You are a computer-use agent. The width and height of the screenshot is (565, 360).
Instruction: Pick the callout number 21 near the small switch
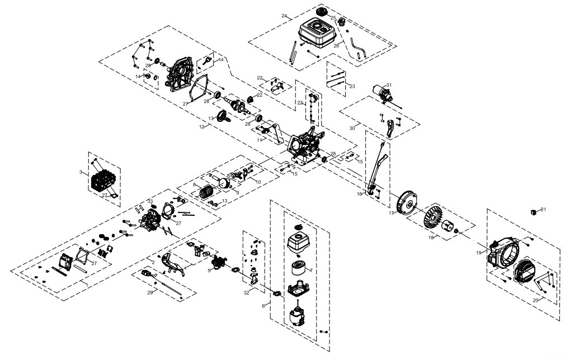pos(543,209)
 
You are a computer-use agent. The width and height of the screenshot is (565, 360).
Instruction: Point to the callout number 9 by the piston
pos(222,193)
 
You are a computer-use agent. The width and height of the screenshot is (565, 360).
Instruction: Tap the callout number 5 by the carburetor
pos(209,270)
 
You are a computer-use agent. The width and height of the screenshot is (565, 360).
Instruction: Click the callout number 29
pos(149,292)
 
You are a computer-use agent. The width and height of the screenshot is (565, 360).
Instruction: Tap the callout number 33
pos(150,201)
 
